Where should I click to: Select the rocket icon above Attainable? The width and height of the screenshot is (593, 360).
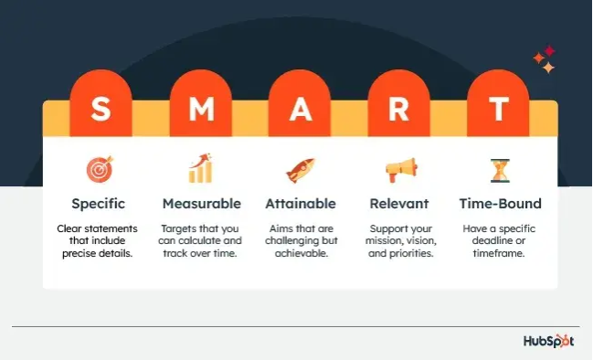coord(300,169)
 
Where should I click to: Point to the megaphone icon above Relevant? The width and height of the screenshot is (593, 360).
coord(398,169)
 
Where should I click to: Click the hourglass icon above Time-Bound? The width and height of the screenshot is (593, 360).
coord(498,169)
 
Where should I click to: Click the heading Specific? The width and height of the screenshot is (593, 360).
coord(98,204)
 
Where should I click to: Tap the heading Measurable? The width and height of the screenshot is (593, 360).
coord(201,204)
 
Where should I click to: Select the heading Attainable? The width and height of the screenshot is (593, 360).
coord(300,204)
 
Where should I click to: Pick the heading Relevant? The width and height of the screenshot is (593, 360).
coord(399,204)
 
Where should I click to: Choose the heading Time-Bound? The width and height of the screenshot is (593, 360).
coord(498,204)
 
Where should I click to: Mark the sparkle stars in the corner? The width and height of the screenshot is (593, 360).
coord(545,60)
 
